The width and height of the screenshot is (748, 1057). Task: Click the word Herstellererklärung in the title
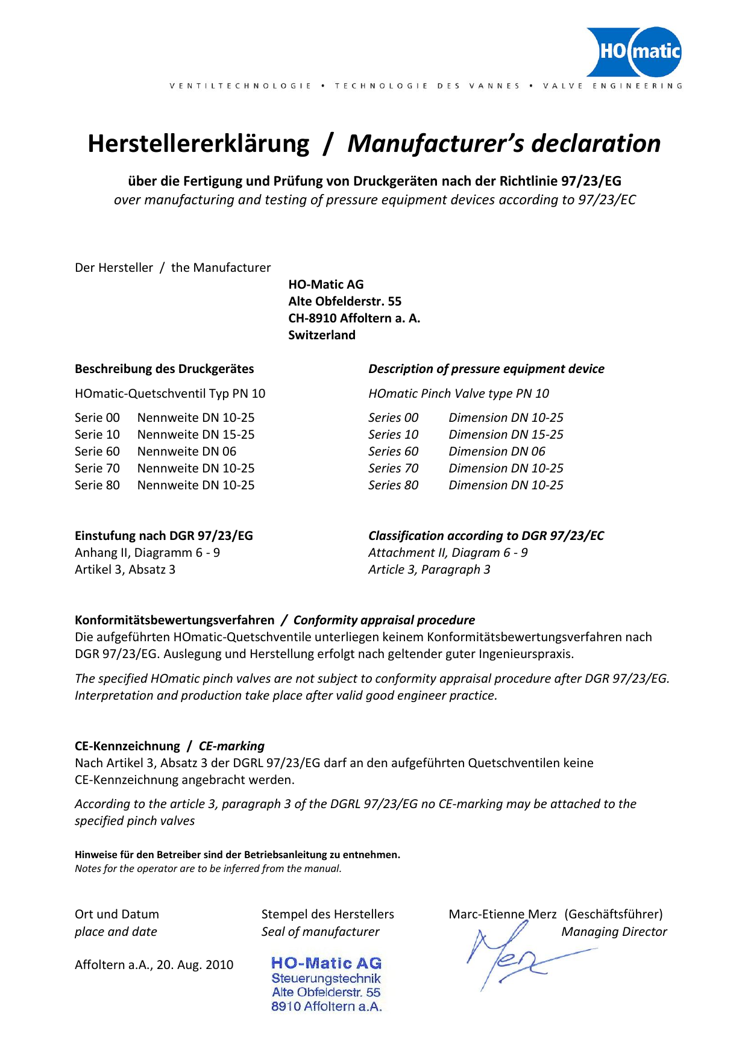198,144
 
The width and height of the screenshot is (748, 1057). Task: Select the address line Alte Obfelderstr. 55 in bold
344,301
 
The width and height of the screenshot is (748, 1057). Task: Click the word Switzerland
321,335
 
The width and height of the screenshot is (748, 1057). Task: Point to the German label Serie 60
97,451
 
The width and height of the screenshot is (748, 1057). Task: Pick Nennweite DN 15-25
196,434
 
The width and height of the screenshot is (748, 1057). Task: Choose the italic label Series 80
393,485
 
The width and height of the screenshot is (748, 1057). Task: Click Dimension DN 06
497,451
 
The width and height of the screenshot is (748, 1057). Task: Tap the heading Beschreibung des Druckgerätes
164,369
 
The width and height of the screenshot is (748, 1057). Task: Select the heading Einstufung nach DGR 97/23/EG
163,536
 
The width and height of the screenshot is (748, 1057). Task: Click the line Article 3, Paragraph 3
429,569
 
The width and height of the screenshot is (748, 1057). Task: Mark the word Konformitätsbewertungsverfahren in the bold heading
174,620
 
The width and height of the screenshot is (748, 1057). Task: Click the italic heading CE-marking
231,746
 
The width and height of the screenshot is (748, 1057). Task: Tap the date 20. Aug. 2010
195,965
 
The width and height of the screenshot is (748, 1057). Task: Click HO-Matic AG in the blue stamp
326,963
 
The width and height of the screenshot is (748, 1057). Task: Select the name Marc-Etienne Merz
502,914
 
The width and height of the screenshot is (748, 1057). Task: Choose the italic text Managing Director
614,932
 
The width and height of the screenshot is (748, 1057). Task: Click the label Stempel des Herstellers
327,914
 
